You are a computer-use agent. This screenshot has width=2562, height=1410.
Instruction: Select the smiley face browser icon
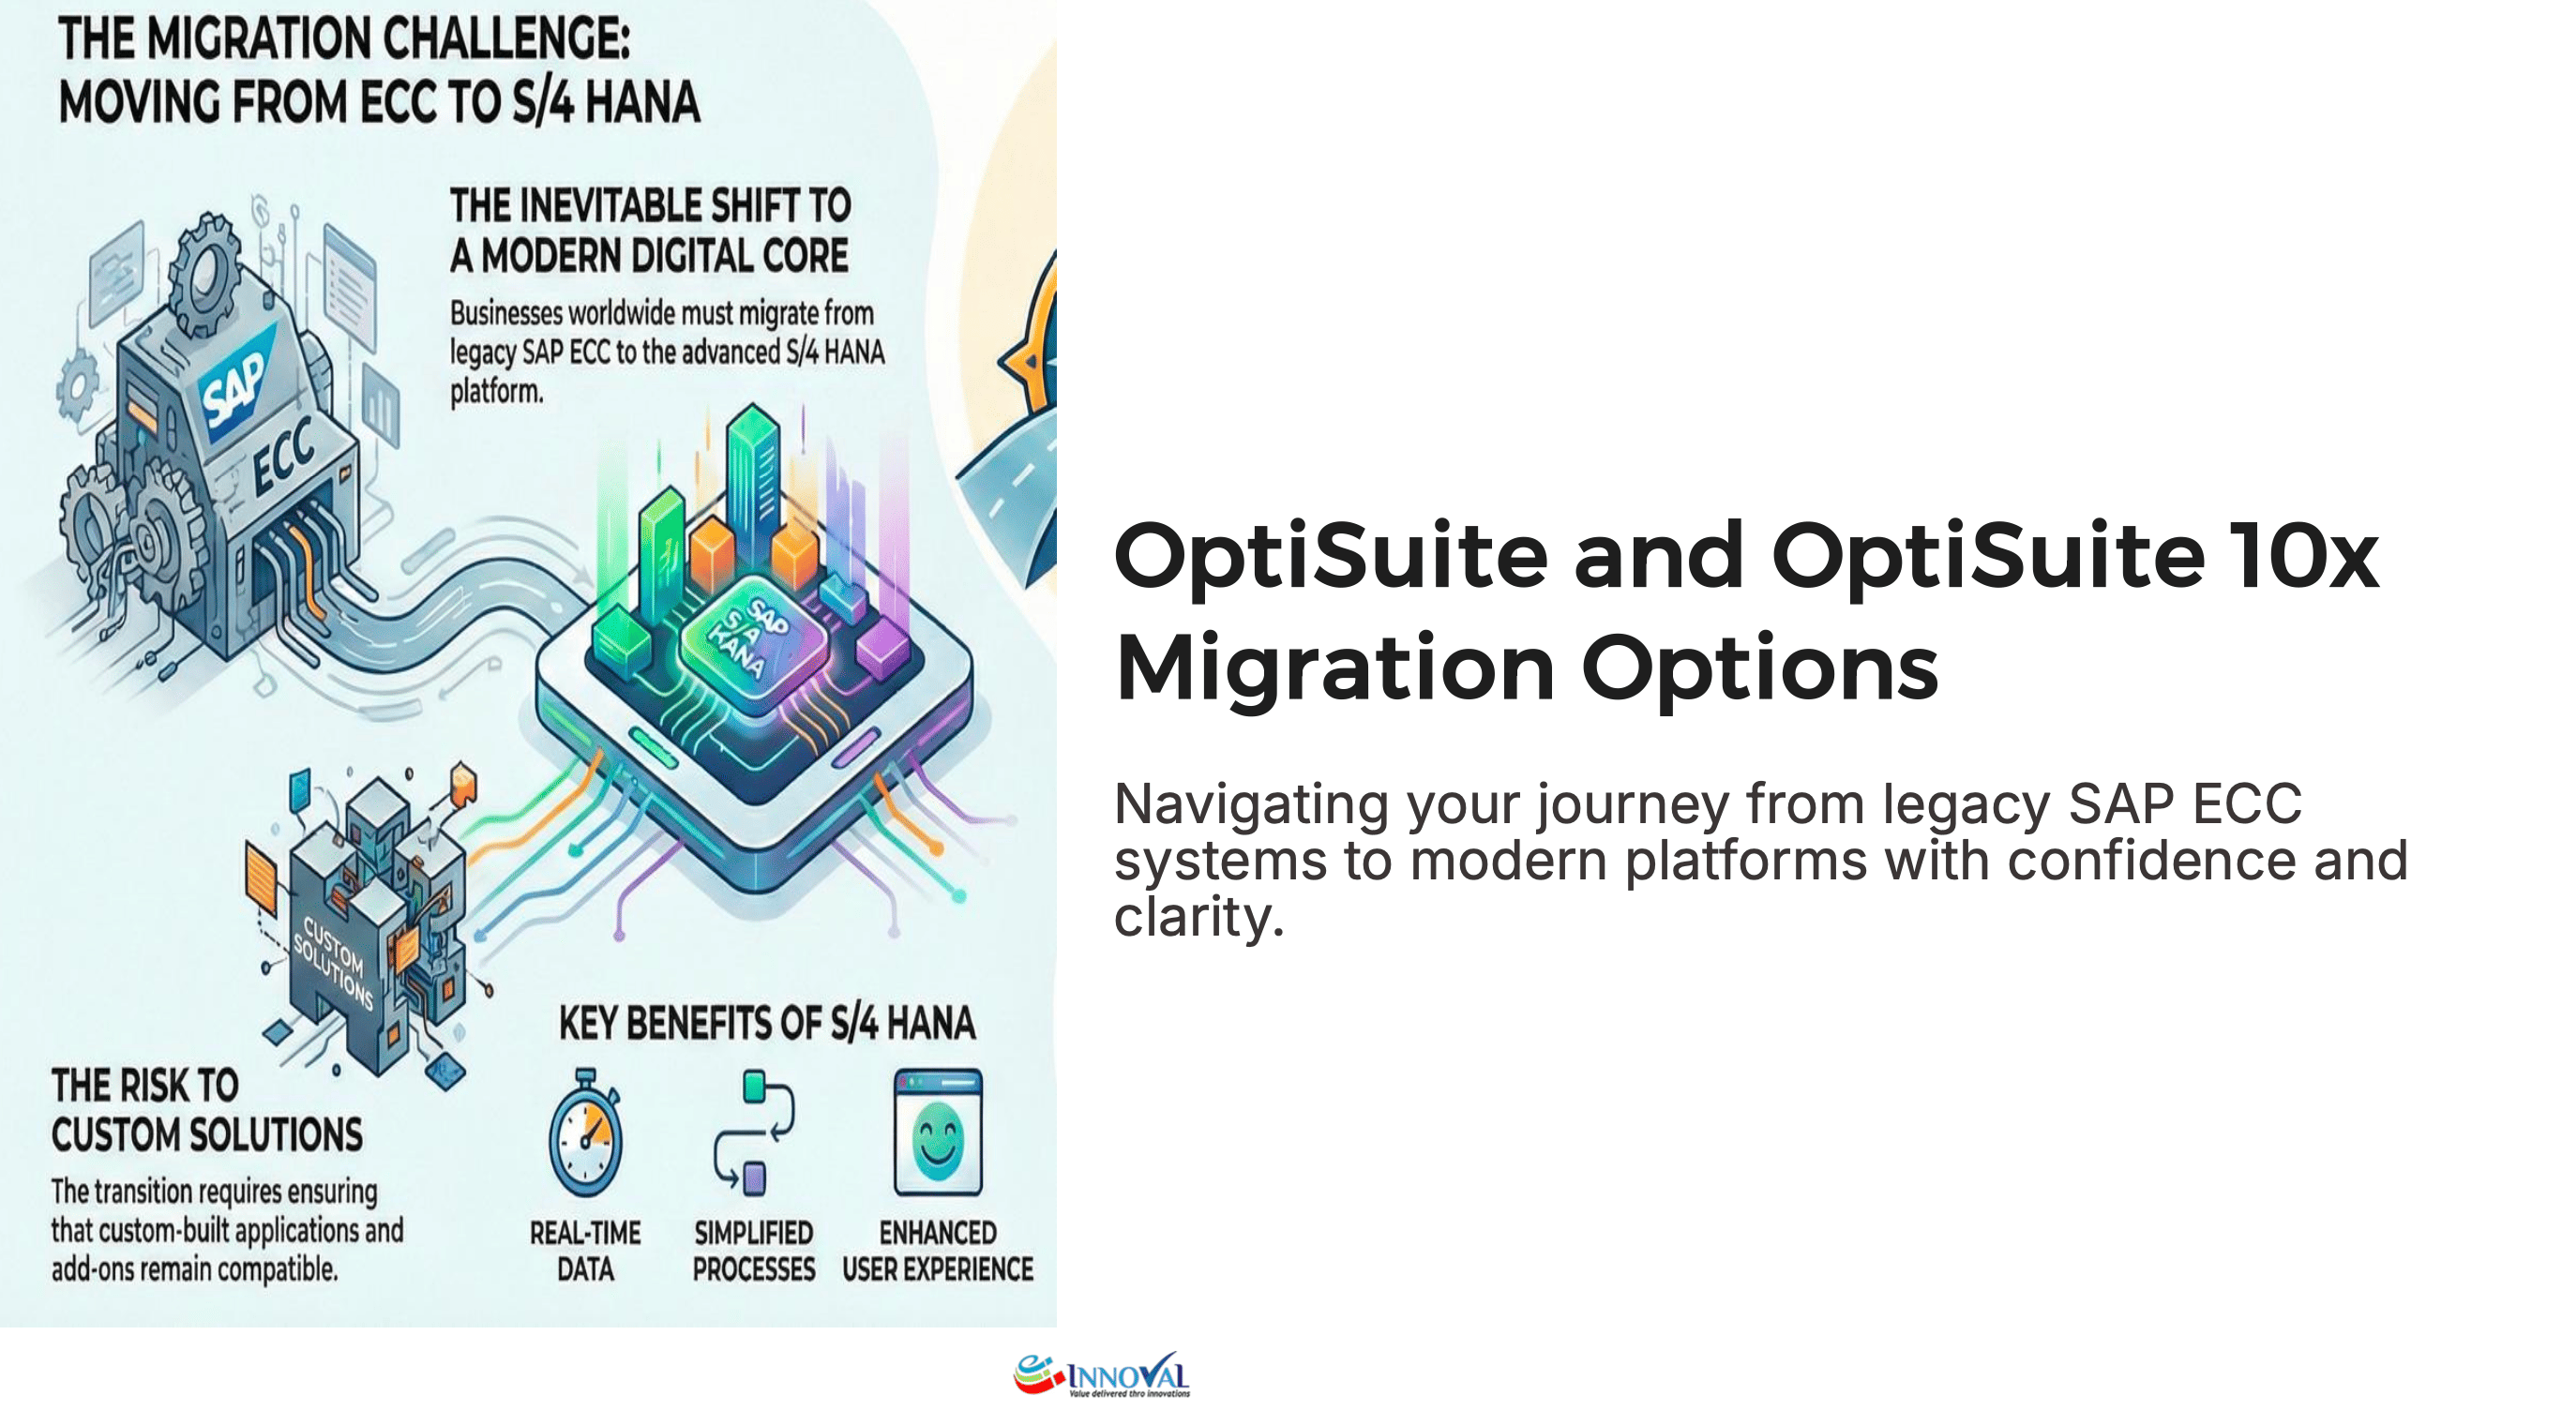[937, 1133]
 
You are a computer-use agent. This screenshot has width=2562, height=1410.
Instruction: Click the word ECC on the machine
[283, 457]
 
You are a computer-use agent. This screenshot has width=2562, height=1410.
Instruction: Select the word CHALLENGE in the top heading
[506, 38]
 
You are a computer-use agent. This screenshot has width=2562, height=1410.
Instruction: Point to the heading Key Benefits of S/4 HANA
[767, 1023]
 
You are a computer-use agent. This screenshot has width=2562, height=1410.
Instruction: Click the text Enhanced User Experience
[937, 1251]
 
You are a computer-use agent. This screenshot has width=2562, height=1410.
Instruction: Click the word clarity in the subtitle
[1198, 917]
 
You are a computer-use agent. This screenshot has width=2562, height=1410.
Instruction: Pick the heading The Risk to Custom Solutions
[207, 1110]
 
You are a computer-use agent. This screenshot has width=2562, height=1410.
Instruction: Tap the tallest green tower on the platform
[753, 477]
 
